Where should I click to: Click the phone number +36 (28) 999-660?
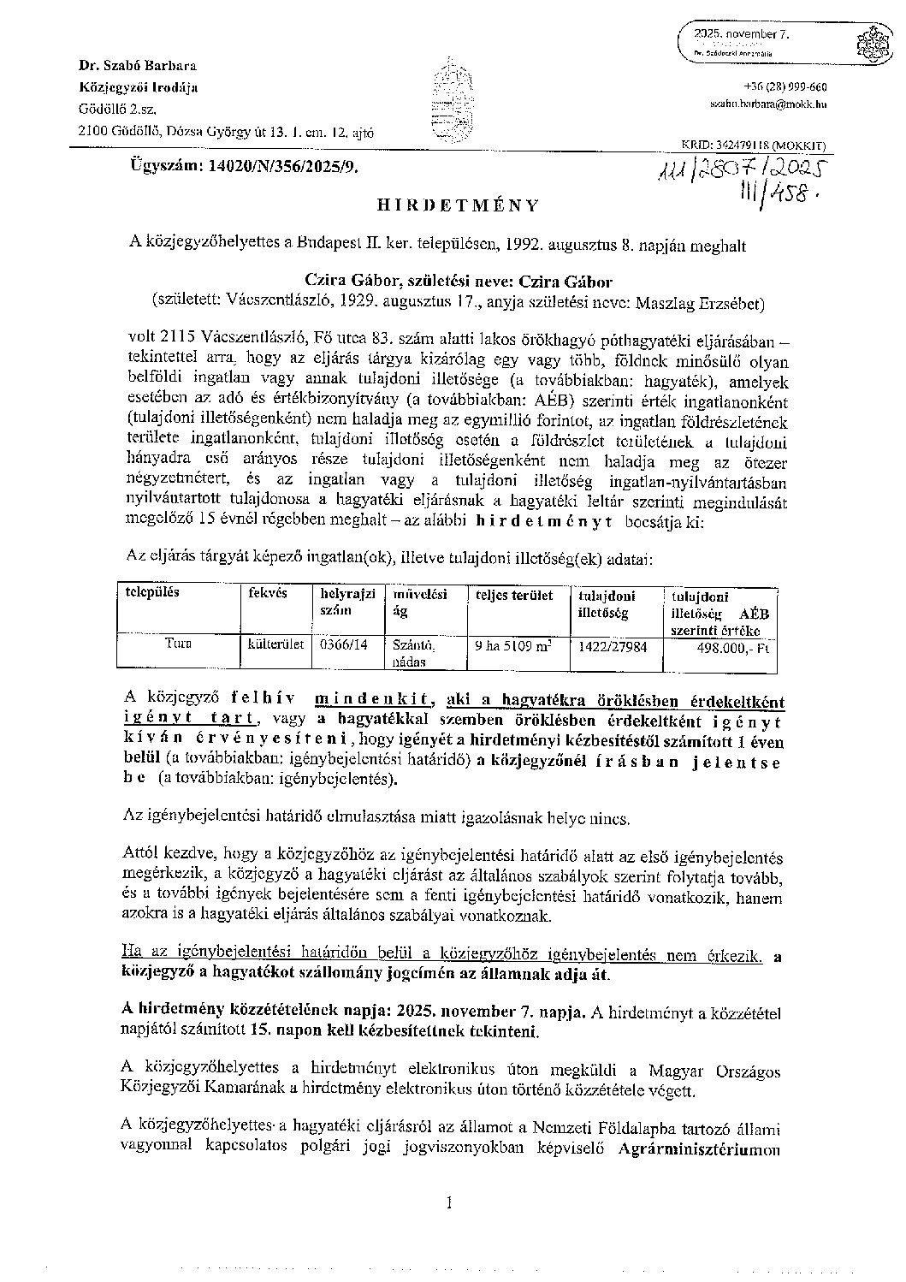coord(785,87)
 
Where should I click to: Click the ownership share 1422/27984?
coord(613,647)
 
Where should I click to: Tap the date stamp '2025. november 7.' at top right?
coord(742,35)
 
